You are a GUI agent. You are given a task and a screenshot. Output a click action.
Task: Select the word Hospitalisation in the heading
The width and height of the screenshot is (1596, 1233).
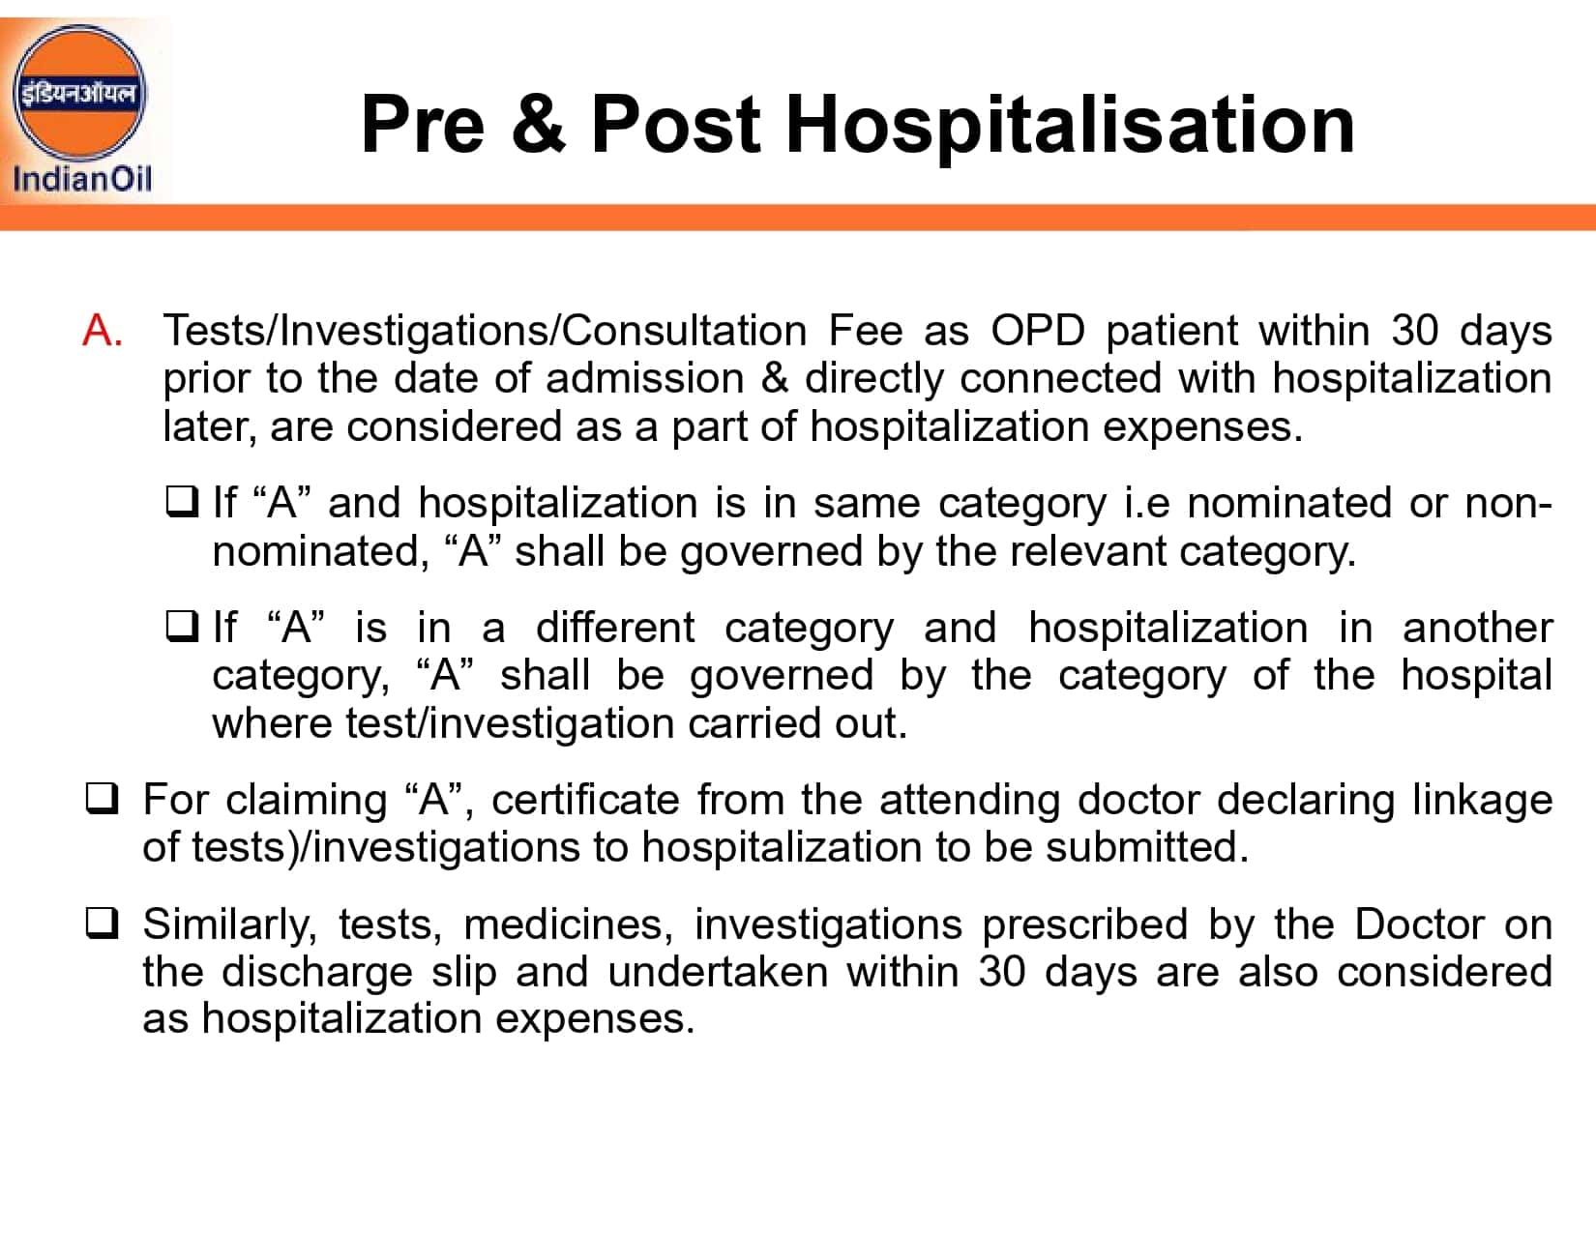(x=1070, y=126)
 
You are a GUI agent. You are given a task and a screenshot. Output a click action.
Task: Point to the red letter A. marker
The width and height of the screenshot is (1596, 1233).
(x=103, y=331)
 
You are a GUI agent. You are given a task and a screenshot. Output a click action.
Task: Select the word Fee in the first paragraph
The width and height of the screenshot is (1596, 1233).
(x=865, y=331)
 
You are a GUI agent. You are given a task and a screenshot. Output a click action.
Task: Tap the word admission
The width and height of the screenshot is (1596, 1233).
(x=669, y=378)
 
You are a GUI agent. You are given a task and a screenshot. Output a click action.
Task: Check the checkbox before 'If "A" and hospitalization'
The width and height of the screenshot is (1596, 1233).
(x=181, y=502)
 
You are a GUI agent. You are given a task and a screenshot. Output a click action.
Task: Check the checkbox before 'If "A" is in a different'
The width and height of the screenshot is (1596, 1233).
(x=181, y=627)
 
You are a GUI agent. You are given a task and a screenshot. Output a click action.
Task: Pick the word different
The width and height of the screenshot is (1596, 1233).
(x=615, y=627)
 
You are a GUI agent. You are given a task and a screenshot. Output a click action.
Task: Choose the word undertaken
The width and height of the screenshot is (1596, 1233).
(x=718, y=971)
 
